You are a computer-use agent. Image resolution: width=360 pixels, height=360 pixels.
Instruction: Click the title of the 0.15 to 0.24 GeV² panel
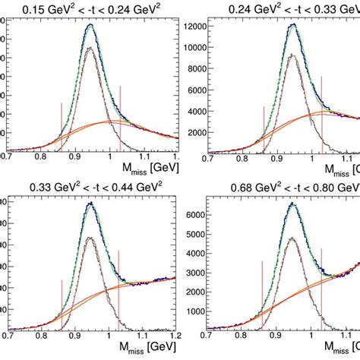[x=91, y=9]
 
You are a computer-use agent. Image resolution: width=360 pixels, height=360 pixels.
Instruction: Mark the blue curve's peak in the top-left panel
[x=90, y=24]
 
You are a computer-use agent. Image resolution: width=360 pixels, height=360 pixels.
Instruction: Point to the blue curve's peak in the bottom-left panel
[x=91, y=203]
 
